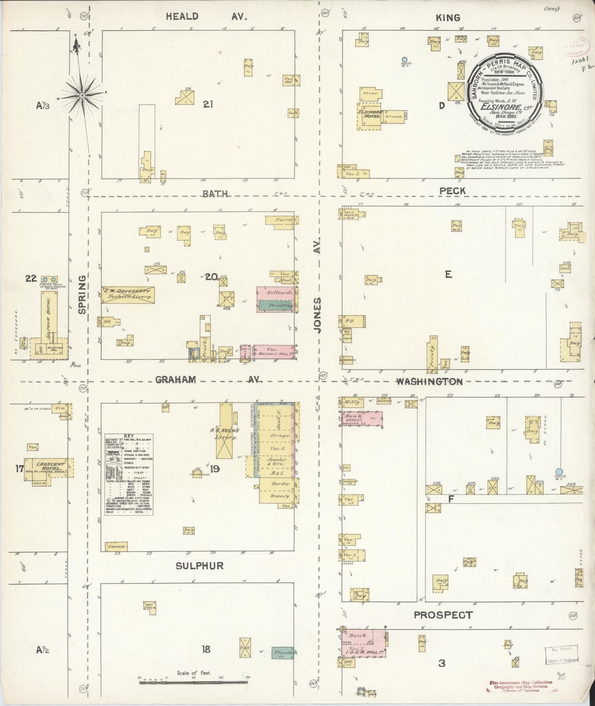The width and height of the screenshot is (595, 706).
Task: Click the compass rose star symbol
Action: (82, 96)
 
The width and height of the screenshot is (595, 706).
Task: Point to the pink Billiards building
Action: (275, 293)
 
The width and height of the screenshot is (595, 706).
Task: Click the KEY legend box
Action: (129, 474)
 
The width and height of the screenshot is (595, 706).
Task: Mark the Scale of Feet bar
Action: (194, 683)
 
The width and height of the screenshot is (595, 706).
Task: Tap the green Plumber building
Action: (282, 653)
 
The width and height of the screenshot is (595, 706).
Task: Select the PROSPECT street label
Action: (443, 615)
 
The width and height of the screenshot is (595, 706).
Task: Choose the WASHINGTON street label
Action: (429, 382)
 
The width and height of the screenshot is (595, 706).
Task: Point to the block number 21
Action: (208, 105)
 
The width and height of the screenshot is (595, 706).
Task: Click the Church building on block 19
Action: (116, 546)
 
